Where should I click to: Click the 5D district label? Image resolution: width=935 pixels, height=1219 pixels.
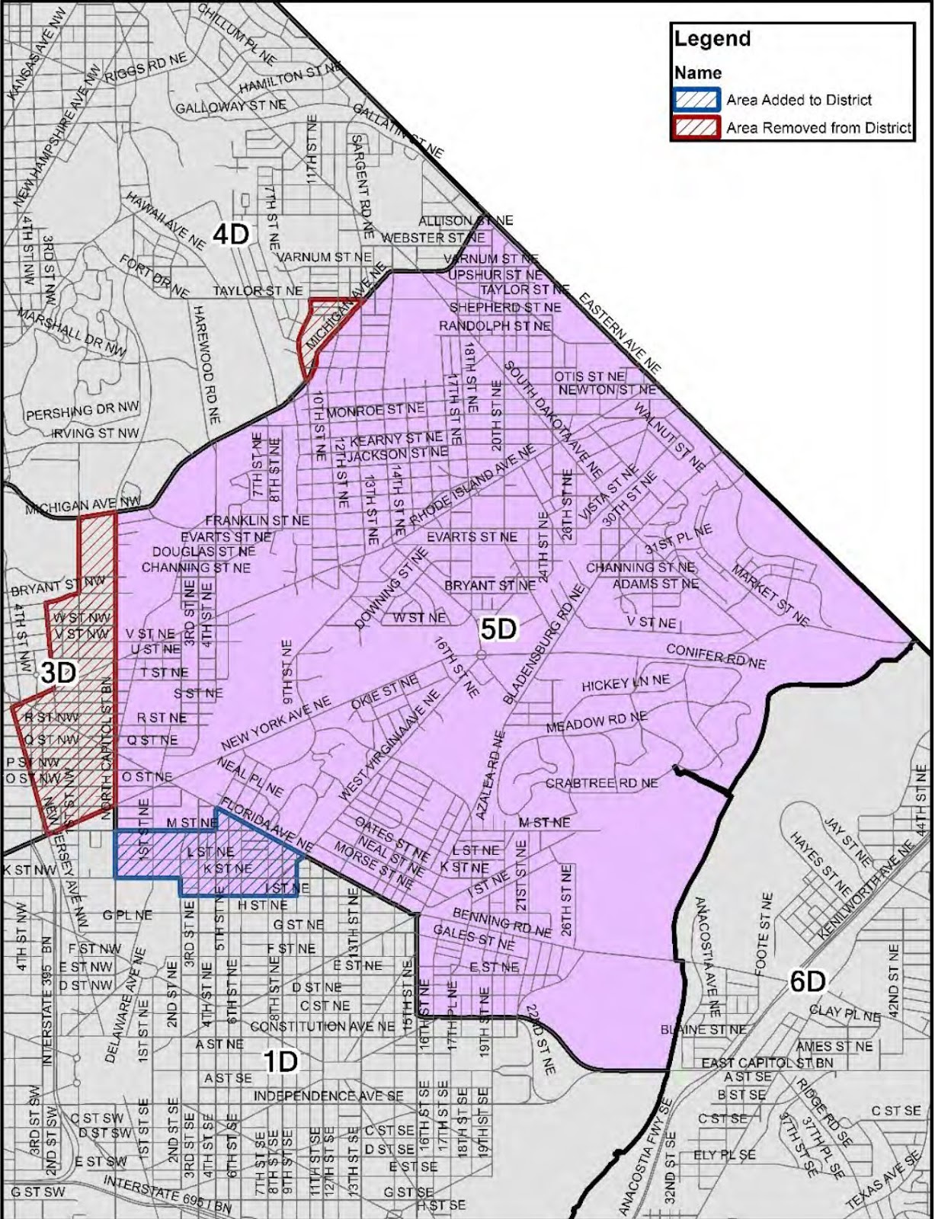tap(498, 629)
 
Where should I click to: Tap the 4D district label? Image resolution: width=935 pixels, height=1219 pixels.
tap(230, 234)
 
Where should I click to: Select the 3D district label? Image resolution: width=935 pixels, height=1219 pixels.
tap(58, 672)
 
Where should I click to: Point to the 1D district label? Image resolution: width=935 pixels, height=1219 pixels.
tap(280, 1061)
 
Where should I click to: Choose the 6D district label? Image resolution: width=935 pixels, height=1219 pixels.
tap(807, 981)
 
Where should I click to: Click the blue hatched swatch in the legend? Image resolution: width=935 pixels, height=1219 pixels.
tap(695, 100)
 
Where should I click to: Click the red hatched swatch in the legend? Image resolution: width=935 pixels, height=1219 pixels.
tap(695, 127)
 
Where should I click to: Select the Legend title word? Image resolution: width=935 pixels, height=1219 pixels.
tap(712, 39)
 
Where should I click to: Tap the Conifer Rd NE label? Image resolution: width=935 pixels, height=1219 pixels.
tap(716, 656)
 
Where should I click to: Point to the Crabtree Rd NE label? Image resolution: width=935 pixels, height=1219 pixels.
tap(601, 783)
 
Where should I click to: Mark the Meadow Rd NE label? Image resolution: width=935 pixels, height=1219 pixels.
tap(596, 721)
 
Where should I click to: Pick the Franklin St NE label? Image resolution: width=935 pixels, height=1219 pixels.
tap(257, 520)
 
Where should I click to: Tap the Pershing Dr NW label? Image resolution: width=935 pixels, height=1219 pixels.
tap(82, 411)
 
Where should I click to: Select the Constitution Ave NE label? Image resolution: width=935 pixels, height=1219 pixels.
tap(322, 1026)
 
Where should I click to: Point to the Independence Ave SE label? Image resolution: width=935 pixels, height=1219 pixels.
tap(328, 1096)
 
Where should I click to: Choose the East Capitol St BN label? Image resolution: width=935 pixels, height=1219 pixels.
tap(767, 1062)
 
